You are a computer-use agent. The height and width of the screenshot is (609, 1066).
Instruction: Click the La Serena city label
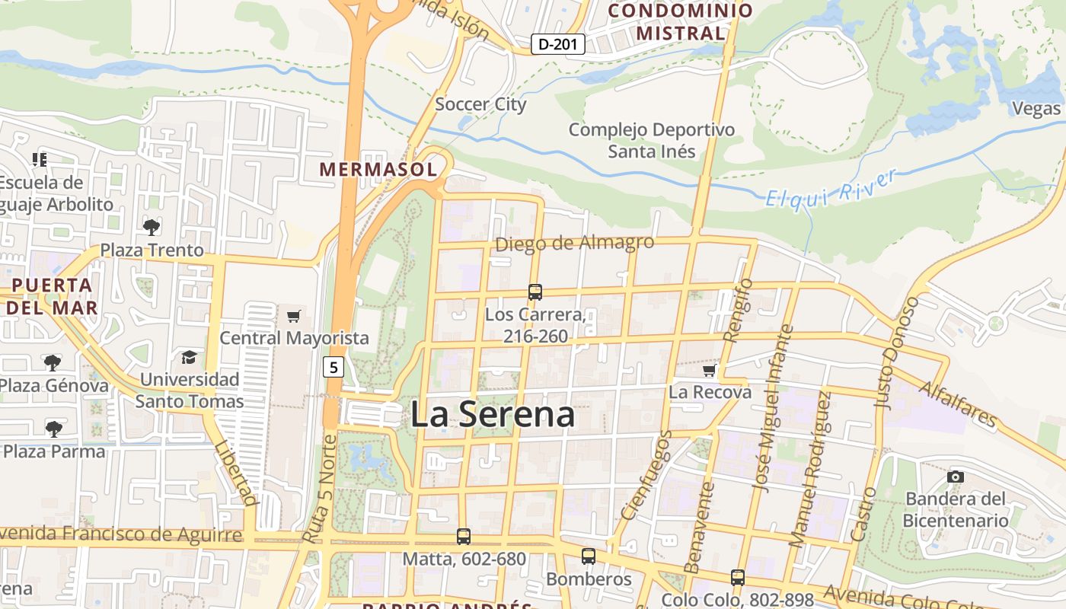point(493,416)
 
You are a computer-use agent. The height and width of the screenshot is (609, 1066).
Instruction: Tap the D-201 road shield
point(557,44)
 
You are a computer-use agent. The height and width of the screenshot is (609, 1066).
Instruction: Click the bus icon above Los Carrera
point(535,292)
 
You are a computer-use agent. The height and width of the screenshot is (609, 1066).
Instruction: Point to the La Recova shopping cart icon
point(710,370)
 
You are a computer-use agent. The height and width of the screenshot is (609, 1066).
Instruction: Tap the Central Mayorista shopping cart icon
point(294,315)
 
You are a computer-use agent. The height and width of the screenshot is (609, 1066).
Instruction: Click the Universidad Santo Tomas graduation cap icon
point(188,357)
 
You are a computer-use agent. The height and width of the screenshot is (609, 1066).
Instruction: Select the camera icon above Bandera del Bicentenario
point(956,477)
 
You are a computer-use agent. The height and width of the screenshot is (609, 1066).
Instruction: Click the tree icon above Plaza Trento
point(152,227)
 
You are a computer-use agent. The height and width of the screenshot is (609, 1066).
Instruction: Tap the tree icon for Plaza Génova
point(53,362)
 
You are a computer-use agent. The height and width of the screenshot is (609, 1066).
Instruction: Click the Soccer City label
point(480,104)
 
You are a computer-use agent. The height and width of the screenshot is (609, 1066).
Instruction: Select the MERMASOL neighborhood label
point(378,169)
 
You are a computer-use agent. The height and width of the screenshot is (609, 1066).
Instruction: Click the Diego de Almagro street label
point(575,243)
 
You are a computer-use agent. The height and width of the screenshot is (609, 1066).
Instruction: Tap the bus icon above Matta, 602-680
point(464,537)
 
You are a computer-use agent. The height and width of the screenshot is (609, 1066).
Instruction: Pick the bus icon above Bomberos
point(589,556)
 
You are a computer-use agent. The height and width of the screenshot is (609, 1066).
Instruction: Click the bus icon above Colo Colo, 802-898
point(737,577)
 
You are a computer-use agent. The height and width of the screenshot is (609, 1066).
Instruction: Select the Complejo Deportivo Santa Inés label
point(652,140)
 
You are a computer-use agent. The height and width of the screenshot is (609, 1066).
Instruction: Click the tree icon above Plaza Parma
point(53,429)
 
